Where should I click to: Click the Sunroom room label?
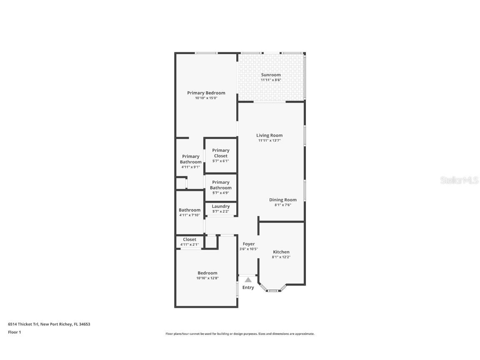click(271, 75)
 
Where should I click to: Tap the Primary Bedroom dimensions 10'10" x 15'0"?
click(206, 98)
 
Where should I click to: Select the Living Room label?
click(269, 135)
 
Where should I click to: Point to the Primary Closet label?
click(220, 153)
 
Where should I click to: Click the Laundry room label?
click(220, 206)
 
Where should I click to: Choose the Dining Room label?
click(282, 200)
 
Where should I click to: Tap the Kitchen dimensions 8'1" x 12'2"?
click(281, 257)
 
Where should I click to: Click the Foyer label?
click(249, 244)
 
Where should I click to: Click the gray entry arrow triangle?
click(248, 280)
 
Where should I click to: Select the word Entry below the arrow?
click(248, 287)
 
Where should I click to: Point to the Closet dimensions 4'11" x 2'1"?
click(190, 245)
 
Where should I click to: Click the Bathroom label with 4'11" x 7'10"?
click(190, 210)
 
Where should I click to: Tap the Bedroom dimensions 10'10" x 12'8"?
click(207, 278)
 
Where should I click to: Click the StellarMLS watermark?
click(460, 180)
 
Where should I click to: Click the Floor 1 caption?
click(14, 332)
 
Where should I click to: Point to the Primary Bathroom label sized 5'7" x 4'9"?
click(220, 185)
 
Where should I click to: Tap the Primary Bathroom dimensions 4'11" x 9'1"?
click(190, 167)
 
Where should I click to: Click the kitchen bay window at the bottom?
click(272, 290)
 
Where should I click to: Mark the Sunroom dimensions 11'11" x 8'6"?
click(271, 80)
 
